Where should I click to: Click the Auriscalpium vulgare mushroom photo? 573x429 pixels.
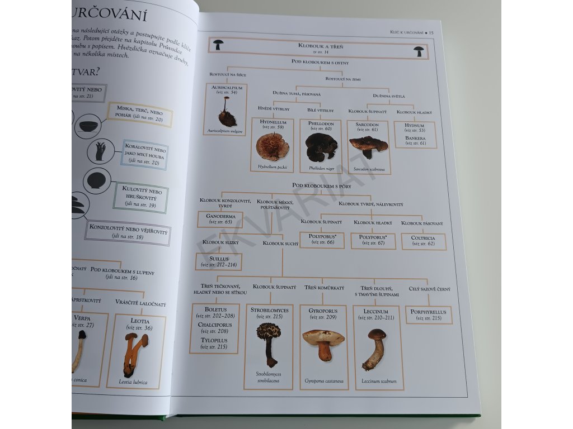coord(227,113)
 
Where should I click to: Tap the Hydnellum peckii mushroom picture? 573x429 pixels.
coord(272,147)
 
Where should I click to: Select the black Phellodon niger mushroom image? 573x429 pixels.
coord(321,147)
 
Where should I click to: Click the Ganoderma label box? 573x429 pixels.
coord(220,219)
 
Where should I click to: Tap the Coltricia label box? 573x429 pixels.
coord(423,241)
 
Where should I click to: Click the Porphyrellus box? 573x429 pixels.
coord(429,315)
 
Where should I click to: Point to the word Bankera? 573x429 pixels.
coord(415,138)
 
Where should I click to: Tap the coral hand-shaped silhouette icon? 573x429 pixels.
coord(101,151)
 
